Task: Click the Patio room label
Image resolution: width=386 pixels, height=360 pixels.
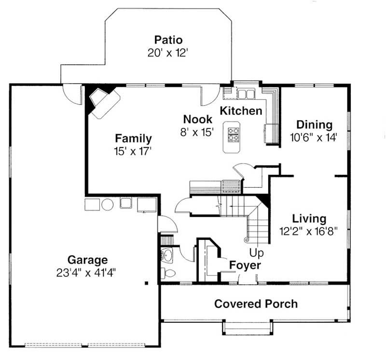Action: coord(168,40)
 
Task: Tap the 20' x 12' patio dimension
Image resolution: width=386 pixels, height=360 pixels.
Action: coord(167,52)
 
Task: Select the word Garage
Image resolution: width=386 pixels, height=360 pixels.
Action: coord(87,260)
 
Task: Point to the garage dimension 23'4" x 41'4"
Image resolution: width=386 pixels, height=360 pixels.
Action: coord(86,273)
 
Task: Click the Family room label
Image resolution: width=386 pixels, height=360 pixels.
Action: coord(133,139)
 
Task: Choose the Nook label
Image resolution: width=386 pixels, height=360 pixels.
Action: coord(197,119)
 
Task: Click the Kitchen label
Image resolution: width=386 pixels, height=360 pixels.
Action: coord(241,111)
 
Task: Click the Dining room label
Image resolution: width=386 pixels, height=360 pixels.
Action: coord(314,125)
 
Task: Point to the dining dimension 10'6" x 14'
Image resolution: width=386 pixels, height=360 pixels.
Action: coord(313,137)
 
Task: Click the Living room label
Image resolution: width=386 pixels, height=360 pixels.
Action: coord(309,219)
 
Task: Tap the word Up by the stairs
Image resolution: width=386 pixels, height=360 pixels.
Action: coord(256,252)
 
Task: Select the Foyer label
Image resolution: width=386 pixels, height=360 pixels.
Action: coord(245,265)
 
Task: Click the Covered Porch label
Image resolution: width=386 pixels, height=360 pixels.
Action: coord(256,304)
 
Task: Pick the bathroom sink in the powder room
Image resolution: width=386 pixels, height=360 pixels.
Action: coord(167,255)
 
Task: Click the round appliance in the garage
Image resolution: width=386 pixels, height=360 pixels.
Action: coord(108,205)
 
